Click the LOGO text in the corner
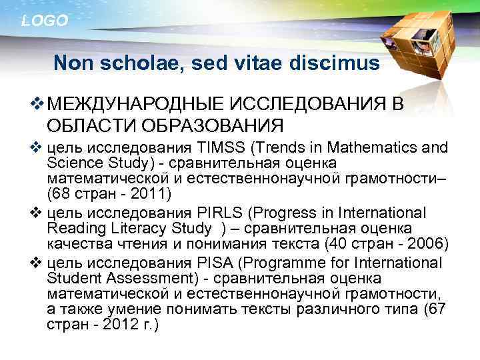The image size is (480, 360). [x=45, y=21]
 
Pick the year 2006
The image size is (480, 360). [x=417, y=243]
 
